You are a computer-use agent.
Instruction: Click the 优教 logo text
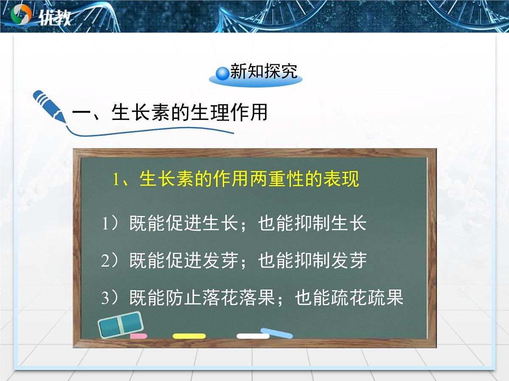pyautogui.click(x=54, y=17)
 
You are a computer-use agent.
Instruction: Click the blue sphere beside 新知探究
pyautogui.click(x=222, y=73)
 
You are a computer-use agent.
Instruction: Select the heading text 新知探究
pyautogui.click(x=263, y=72)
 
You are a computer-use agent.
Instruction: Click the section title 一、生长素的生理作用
pyautogui.click(x=170, y=113)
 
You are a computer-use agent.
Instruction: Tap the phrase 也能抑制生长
pyautogui.click(x=312, y=224)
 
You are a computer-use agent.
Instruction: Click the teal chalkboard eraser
pyautogui.click(x=120, y=324)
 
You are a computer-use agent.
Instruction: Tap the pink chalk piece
pyautogui.click(x=139, y=336)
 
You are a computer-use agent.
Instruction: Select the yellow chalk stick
pyautogui.click(x=189, y=336)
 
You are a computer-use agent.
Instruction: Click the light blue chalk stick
pyautogui.click(x=277, y=333)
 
